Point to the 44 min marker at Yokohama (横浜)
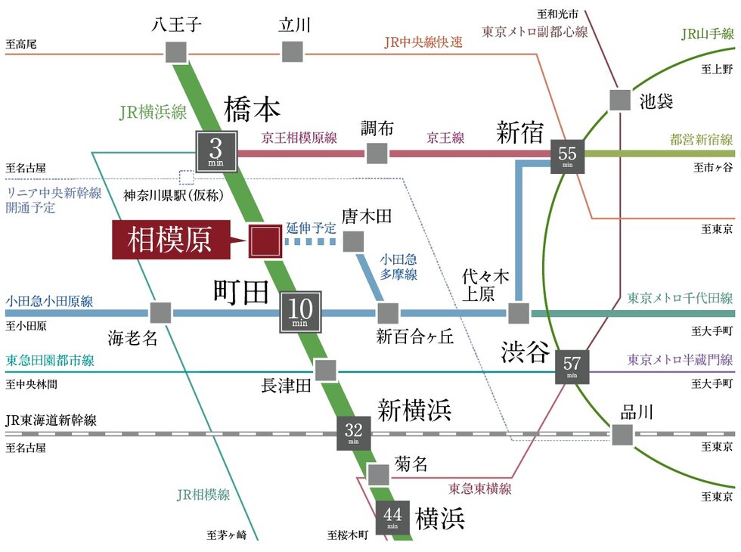tap(392, 518)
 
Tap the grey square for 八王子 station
tap(176, 51)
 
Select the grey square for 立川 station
tap(293, 51)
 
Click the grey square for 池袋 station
tap(620, 101)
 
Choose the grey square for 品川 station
tap(622, 434)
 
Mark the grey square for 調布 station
tap(377, 154)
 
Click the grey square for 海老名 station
tap(160, 312)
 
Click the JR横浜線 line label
tap(153, 113)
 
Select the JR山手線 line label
tap(706, 34)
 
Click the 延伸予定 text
tap(311, 227)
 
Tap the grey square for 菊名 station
tap(377, 474)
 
